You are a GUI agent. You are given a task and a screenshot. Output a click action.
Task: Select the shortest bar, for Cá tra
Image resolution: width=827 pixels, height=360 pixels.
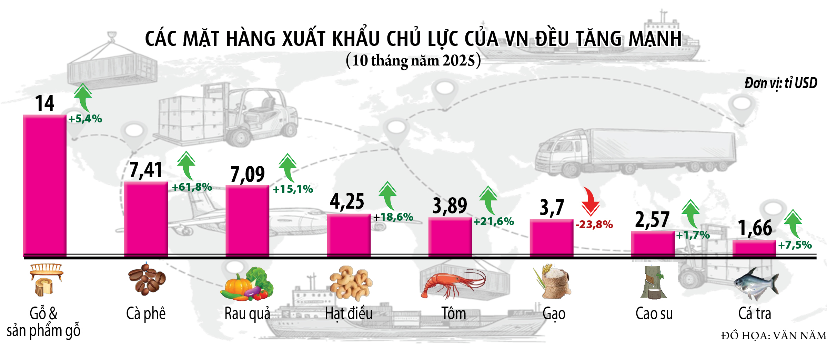click(x=754, y=248)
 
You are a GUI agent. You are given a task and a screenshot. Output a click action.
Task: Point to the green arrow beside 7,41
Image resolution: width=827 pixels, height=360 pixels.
click(x=186, y=166)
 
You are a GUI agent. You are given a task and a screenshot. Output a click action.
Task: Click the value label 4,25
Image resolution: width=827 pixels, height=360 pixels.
click(x=347, y=201)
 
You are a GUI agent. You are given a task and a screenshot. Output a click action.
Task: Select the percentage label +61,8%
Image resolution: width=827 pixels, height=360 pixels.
click(x=192, y=187)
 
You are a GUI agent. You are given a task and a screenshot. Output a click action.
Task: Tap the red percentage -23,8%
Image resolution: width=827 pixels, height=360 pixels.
click(x=594, y=225)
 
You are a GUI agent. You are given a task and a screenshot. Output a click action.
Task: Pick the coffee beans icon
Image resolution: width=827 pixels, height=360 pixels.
click(x=147, y=279)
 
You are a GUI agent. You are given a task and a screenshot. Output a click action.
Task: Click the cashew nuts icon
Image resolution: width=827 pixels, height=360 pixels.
click(x=351, y=283)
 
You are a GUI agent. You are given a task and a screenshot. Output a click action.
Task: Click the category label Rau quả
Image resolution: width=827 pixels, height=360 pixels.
click(x=247, y=314)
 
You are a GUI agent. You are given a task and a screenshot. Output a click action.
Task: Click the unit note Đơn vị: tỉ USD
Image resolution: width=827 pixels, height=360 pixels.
click(x=780, y=83)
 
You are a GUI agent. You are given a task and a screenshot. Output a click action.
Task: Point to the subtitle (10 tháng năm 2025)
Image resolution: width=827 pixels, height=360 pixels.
click(x=413, y=61)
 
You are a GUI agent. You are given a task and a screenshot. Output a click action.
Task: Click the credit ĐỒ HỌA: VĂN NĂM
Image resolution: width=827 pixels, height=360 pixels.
click(x=774, y=336)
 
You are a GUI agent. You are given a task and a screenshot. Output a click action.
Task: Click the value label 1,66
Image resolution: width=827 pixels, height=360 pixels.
click(x=755, y=228)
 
